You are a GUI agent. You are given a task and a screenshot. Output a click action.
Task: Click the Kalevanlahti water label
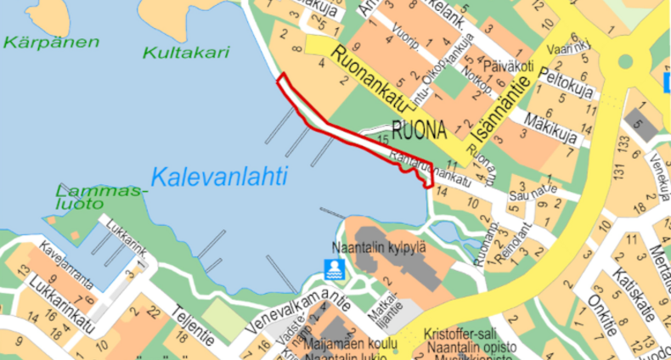[219, 177]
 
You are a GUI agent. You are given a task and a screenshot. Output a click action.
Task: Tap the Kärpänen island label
[50, 42]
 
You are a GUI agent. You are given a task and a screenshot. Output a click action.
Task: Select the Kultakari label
[186, 52]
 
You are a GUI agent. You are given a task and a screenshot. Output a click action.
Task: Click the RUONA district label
[420, 131]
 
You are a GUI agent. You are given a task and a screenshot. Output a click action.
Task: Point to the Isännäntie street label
[500, 110]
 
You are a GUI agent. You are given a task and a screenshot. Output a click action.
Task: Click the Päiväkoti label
[510, 65]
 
